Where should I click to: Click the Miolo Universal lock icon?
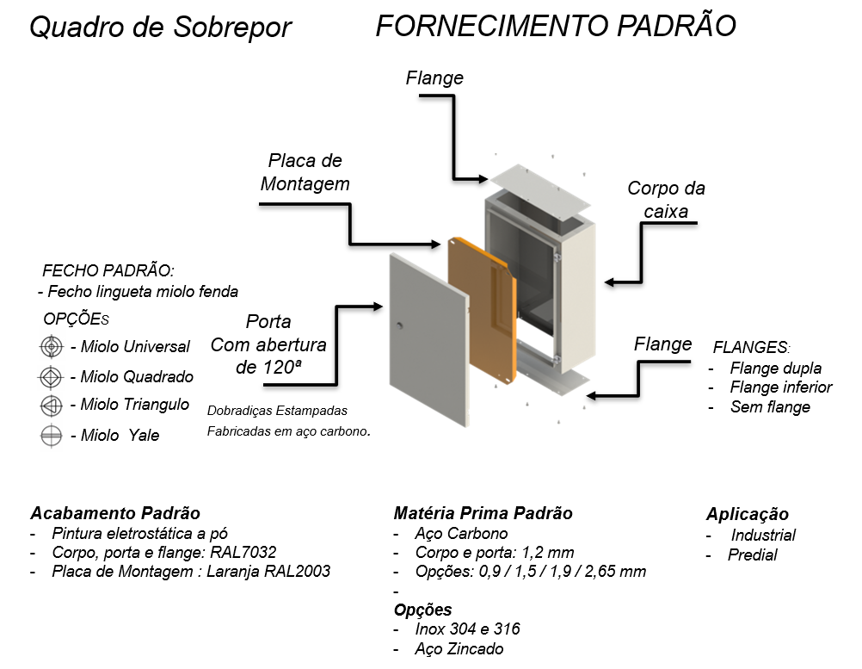pyautogui.click(x=52, y=347)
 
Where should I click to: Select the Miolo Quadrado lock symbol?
pyautogui.click(x=51, y=377)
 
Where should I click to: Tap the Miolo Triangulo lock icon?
pyautogui.click(x=52, y=406)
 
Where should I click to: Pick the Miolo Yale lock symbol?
pyautogui.click(x=51, y=436)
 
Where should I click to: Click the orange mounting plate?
pyautogui.click(x=482, y=312)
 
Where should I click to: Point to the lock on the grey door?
pyautogui.click(x=400, y=325)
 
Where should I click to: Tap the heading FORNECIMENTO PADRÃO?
pyautogui.click(x=556, y=26)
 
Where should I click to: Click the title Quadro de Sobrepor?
pyautogui.click(x=161, y=28)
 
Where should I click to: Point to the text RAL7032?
pyautogui.click(x=243, y=552)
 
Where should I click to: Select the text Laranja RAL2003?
pyautogui.click(x=268, y=571)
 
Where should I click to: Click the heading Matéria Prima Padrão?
pyautogui.click(x=483, y=513)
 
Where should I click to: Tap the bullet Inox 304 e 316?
pyautogui.click(x=467, y=629)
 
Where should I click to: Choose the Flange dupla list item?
pyautogui.click(x=776, y=368)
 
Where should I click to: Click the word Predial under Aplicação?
pyautogui.click(x=752, y=554)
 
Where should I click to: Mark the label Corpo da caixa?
pyautogui.click(x=666, y=199)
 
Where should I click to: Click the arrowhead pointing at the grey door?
pyautogui.click(x=378, y=307)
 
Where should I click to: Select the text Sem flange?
pyautogui.click(x=770, y=407)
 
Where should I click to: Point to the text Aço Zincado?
pyautogui.click(x=459, y=649)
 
